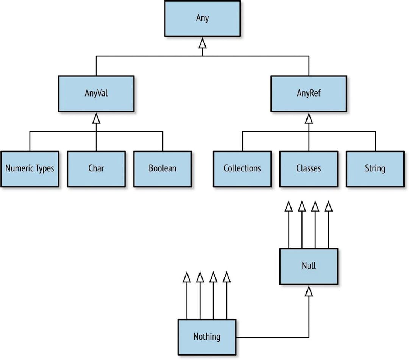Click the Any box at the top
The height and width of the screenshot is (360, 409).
(202, 18)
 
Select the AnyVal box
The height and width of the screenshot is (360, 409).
(96, 94)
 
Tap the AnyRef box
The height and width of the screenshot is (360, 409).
(308, 94)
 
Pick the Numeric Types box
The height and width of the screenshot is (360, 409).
(30, 169)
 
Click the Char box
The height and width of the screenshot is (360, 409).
(96, 169)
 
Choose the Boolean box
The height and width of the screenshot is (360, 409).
(162, 169)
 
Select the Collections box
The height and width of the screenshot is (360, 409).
(242, 169)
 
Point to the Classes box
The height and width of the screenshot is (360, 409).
(309, 169)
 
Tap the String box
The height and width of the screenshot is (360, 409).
(375, 169)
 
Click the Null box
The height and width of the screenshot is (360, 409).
(309, 266)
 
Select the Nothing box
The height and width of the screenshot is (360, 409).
(207, 337)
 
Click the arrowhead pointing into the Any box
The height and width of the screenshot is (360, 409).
(203, 44)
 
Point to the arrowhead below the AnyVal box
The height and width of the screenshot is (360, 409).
(96, 119)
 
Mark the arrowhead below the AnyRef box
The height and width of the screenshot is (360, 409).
(309, 119)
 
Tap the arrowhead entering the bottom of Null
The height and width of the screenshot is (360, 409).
(309, 291)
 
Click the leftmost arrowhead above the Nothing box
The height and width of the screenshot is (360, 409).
(186, 277)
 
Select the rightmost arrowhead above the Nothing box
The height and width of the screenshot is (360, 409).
(226, 277)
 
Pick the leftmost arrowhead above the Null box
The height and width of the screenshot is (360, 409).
(289, 206)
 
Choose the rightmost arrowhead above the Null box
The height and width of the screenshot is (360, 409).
(329, 206)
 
